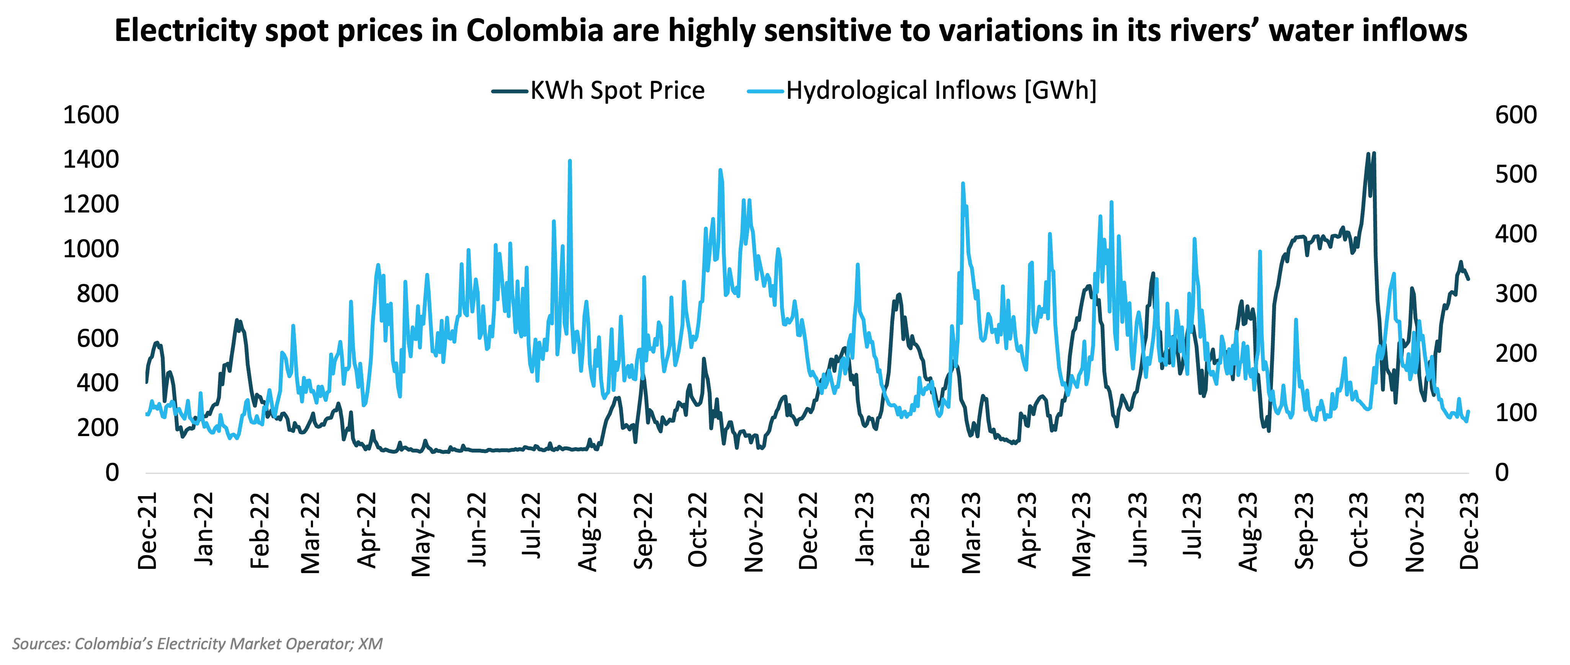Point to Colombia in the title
[535, 31]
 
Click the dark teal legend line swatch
[509, 91]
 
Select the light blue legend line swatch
[765, 91]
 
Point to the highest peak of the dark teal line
[1373, 154]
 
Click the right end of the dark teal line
[1468, 279]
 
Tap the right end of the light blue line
[1468, 412]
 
